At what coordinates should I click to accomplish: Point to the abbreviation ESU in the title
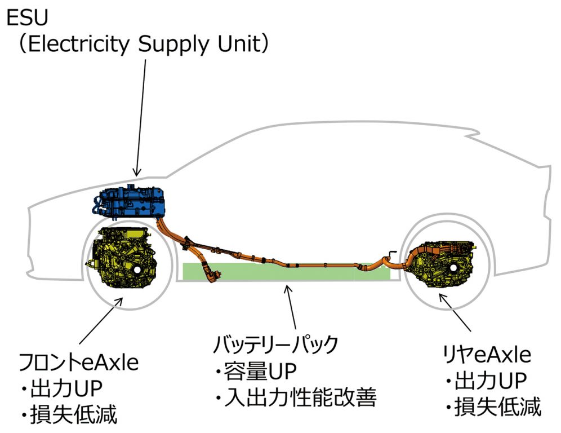(x=26, y=19)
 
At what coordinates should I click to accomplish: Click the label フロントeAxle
(x=79, y=361)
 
